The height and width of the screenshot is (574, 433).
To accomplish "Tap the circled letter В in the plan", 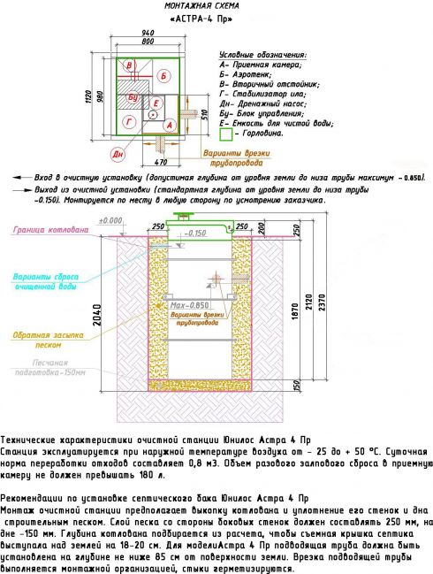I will [129, 66].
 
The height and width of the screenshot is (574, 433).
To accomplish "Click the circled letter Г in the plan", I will [130, 120].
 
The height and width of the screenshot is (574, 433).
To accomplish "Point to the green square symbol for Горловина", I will [225, 135].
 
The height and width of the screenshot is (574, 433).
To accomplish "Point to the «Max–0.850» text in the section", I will [193, 305].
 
